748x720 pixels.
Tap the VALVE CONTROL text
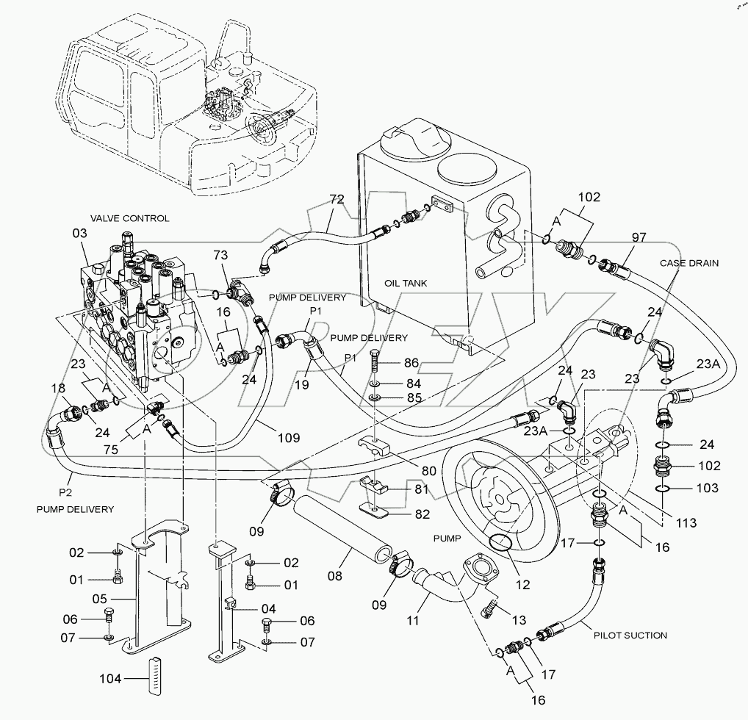(x=129, y=218)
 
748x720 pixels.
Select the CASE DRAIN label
(x=688, y=262)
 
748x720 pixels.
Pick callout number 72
(x=337, y=200)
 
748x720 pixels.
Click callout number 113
(x=686, y=523)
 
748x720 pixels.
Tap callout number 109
(x=289, y=438)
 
